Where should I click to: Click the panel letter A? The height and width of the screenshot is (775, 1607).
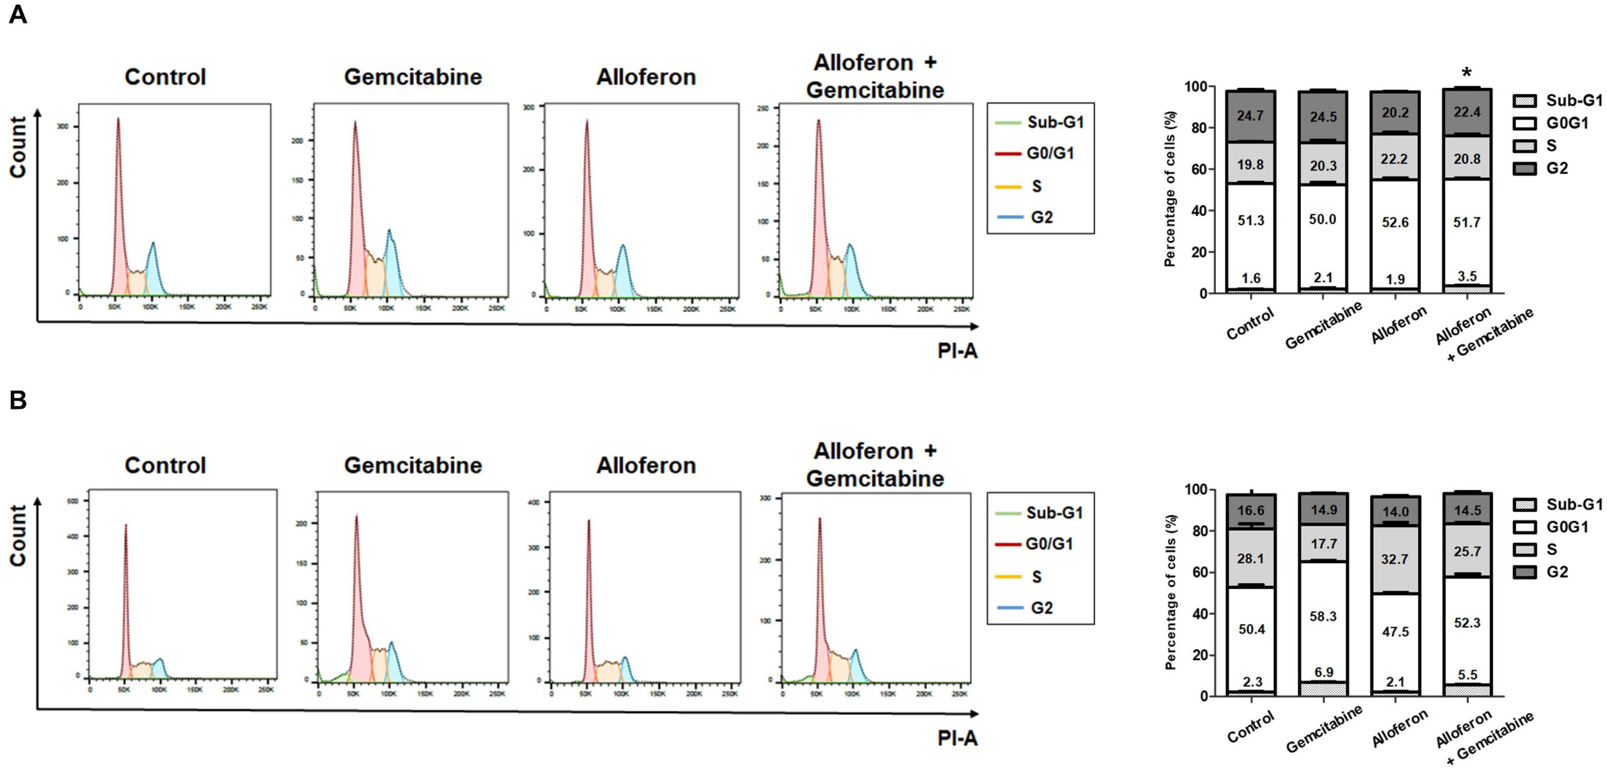click(18, 14)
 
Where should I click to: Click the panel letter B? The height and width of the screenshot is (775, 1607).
click(18, 400)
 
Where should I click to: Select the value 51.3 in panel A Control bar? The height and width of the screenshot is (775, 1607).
click(1251, 220)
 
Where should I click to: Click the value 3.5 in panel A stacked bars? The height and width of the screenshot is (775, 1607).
click(1467, 277)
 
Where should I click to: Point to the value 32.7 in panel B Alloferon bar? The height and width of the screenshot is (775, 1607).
click(1395, 559)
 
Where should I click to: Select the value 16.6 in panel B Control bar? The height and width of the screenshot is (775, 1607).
click(1251, 510)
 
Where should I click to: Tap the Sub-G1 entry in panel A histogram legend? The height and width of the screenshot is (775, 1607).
click(1055, 122)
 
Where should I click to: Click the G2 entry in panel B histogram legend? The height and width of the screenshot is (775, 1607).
click(1041, 608)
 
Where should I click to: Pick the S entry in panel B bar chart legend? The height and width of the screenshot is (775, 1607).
click(1551, 549)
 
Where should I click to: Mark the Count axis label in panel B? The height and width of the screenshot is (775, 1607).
click(18, 535)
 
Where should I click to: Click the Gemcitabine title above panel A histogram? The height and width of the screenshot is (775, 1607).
click(413, 77)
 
